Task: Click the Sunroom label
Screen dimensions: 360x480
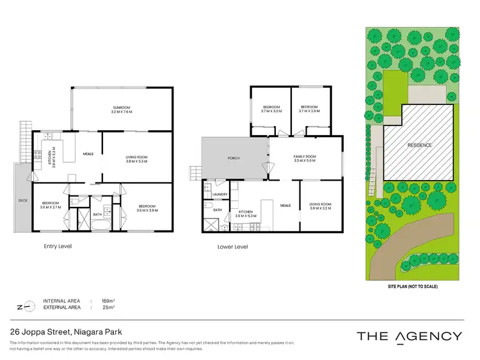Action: tap(122, 108)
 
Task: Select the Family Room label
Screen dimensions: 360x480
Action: tap(305, 156)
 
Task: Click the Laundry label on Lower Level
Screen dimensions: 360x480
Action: tap(221, 194)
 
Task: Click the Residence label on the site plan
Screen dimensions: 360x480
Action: tap(420, 145)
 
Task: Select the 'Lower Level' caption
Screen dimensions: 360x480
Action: tap(232, 247)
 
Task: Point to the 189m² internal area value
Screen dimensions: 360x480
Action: tap(108, 300)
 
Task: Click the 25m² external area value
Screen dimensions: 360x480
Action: tap(108, 307)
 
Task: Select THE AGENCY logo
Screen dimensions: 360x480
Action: tap(409, 336)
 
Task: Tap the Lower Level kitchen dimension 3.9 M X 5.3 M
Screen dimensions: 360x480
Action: tap(248, 216)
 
